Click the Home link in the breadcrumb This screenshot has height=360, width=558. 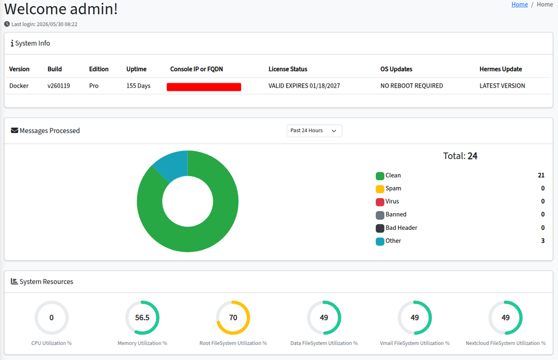pos(519,4)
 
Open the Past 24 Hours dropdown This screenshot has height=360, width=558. pos(314,131)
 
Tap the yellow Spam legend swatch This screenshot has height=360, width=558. pos(379,189)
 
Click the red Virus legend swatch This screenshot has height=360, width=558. pos(379,202)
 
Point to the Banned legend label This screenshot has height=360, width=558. pos(396,214)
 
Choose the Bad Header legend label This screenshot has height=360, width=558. pos(401,228)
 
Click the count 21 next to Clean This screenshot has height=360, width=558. pos(541,175)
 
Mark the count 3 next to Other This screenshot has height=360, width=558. pos(543,241)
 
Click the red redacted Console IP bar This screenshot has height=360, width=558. pos(204,87)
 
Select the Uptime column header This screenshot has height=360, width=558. pos(136,69)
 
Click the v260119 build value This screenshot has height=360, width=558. pos(59,86)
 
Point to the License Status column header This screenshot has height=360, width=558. pos(288,69)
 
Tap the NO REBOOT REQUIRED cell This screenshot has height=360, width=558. pos(411,86)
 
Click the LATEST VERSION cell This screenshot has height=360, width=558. pos(502,86)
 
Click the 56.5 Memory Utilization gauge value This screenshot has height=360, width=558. pos(142,318)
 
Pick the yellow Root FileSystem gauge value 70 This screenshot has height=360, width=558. pos(233,318)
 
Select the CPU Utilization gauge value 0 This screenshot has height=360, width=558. pos(51,318)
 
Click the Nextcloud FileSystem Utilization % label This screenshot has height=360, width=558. pos(506,343)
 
